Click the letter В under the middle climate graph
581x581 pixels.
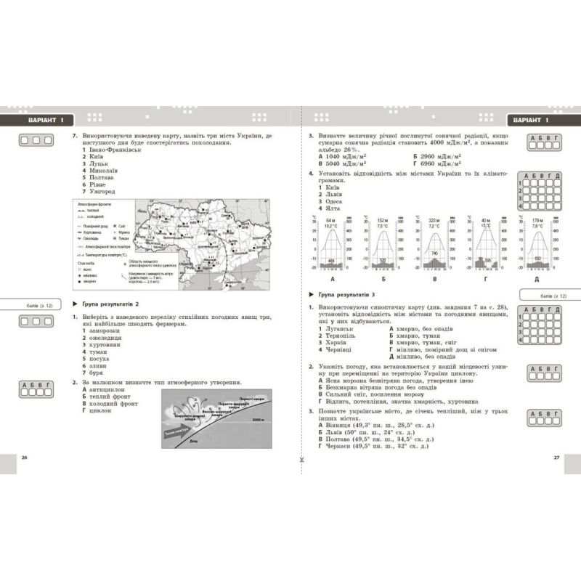434,279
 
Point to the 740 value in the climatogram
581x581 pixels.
434,252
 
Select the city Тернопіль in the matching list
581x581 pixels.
338,336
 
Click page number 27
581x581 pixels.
556,458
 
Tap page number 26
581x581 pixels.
24,458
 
